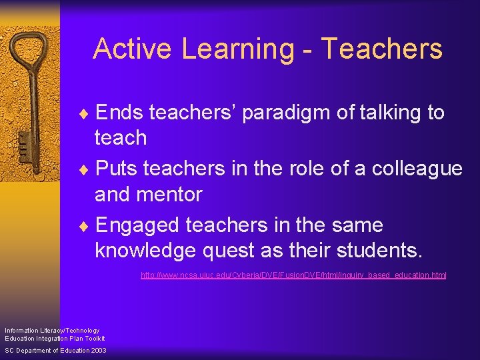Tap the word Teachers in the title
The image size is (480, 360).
tap(382, 49)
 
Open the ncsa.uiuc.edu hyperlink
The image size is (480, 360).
tap(293, 275)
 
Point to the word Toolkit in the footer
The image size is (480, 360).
tap(93, 338)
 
